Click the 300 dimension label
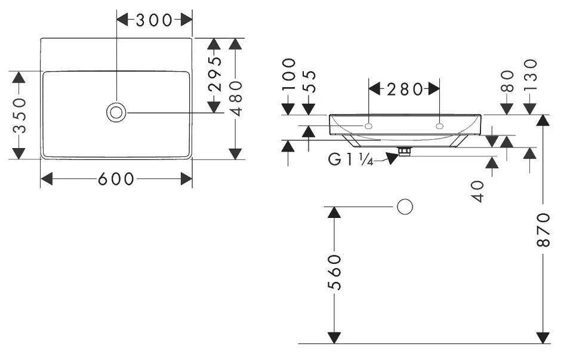(154, 20)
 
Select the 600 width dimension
(116, 179)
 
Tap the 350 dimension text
(19, 115)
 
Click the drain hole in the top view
(116, 112)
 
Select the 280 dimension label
(404, 90)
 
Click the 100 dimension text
(289, 74)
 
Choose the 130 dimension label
(530, 74)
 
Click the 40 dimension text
(478, 191)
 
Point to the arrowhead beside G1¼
(391, 158)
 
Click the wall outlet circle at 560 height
(405, 207)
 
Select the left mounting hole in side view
(368, 126)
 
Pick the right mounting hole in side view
(440, 126)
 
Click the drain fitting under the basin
(405, 152)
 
